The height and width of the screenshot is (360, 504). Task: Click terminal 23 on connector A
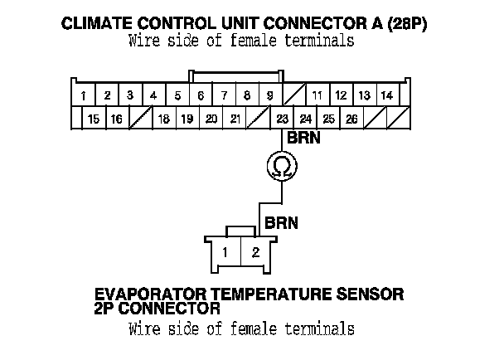[283, 119]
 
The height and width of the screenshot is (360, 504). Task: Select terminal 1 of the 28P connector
[85, 96]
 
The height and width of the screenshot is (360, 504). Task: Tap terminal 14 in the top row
[386, 96]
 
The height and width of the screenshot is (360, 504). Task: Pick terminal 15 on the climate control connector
[94, 119]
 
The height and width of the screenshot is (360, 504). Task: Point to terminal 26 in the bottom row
[351, 119]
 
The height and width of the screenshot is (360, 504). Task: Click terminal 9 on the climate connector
[270, 96]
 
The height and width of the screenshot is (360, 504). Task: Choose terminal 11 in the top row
[317, 96]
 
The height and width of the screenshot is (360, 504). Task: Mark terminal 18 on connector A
[164, 119]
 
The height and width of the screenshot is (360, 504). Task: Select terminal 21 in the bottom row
[235, 119]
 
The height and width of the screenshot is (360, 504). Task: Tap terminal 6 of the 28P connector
[201, 96]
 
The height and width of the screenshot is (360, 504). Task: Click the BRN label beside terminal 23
[303, 139]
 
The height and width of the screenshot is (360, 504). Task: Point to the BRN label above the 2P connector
[282, 223]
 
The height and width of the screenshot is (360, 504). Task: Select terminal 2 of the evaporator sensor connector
[256, 252]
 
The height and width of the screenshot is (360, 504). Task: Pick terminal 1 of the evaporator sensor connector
[225, 252]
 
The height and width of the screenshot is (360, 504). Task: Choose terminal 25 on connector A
[329, 119]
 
